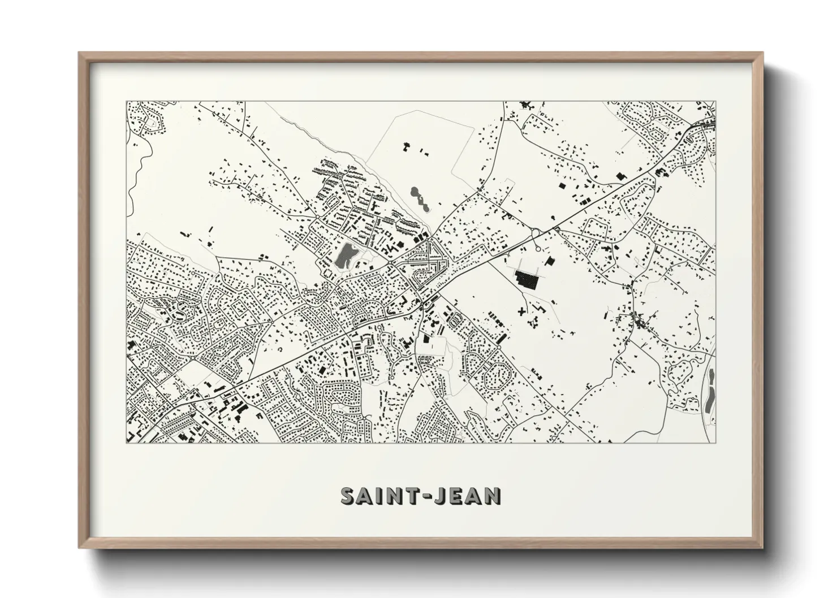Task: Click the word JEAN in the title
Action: (x=468, y=496)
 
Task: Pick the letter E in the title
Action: (x=459, y=496)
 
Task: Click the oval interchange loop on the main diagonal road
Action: (x=535, y=232)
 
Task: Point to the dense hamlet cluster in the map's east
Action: (x=638, y=323)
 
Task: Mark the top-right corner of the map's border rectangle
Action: (x=715, y=102)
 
